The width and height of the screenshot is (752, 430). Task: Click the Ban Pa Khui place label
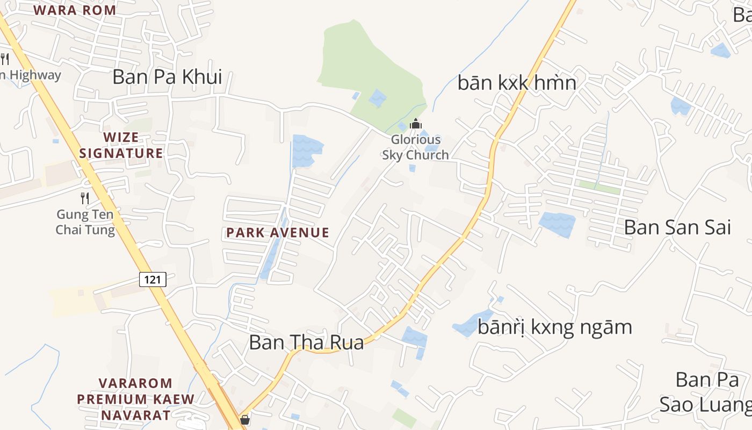click(167, 77)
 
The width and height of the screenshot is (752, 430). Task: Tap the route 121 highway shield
click(153, 279)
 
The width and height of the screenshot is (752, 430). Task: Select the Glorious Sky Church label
click(415, 147)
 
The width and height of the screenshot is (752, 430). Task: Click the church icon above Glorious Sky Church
click(415, 124)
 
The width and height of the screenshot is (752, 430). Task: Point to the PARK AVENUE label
click(278, 233)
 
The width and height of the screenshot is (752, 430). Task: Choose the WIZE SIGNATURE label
click(121, 145)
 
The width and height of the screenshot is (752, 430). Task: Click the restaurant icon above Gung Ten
click(85, 198)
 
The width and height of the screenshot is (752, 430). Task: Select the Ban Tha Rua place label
click(306, 342)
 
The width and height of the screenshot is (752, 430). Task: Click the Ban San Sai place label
click(677, 227)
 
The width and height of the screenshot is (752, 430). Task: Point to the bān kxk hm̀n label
click(517, 83)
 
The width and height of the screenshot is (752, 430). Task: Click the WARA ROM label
click(75, 10)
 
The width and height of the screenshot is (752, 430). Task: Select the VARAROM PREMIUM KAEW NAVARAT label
click(135, 399)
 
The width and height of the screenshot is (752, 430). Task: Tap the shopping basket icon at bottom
click(245, 419)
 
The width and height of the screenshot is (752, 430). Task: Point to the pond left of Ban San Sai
click(557, 224)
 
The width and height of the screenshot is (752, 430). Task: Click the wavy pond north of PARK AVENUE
click(307, 150)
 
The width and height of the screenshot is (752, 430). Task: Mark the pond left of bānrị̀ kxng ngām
click(472, 324)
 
